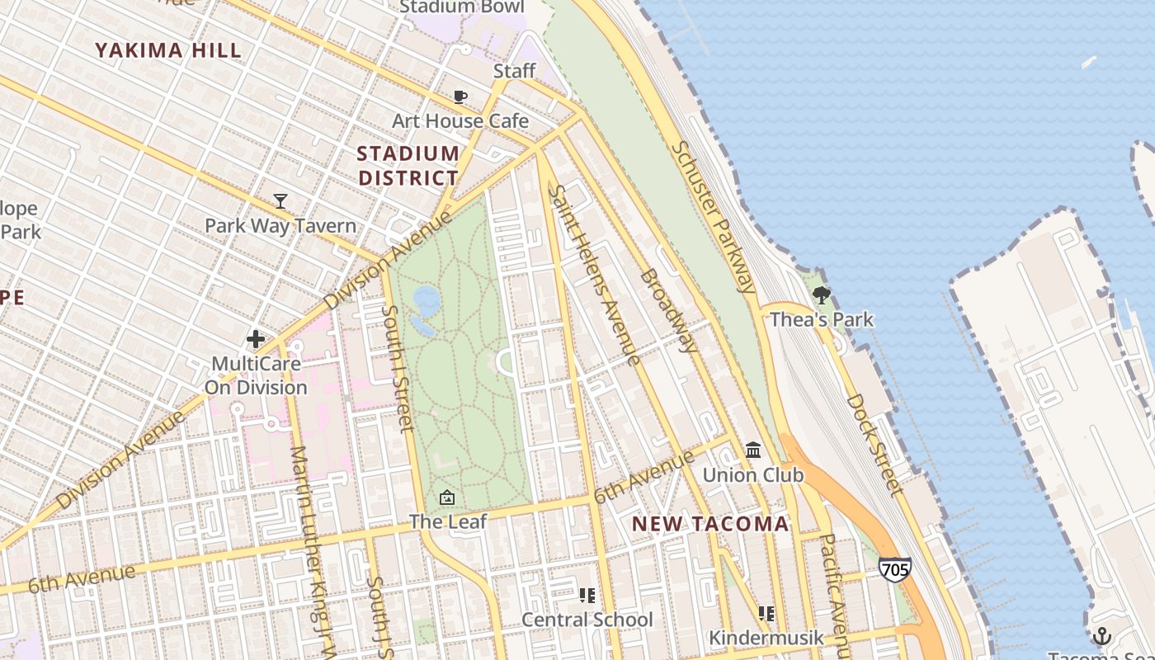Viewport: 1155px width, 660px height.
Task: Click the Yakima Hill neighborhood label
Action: coord(168,50)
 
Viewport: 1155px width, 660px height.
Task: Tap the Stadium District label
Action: coord(408,165)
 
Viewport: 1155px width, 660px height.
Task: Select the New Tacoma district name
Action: coord(710,524)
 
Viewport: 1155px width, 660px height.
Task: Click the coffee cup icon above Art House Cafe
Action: coord(460,97)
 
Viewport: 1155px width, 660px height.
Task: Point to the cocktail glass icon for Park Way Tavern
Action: coord(280,201)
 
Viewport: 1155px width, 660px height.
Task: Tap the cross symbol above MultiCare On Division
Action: coord(256,338)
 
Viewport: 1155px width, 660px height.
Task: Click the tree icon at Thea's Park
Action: coord(821,295)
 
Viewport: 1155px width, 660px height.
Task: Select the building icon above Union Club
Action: coord(753,450)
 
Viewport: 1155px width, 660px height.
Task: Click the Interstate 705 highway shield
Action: coord(895,569)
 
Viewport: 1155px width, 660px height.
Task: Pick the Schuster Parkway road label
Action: coord(713,217)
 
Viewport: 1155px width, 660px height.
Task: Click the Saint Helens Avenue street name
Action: coord(594,274)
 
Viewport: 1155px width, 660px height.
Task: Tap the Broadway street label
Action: coord(668,310)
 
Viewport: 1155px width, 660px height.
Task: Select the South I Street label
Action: coord(398,368)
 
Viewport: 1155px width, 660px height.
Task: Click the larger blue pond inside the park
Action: coord(427,300)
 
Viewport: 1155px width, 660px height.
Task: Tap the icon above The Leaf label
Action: coord(447,497)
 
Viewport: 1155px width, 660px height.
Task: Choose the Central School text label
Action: coord(587,620)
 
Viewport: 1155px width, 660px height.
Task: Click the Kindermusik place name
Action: coord(766,638)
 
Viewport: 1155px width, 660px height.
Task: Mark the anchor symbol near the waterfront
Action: coord(1101,636)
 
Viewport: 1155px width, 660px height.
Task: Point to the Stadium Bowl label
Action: coord(462,7)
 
